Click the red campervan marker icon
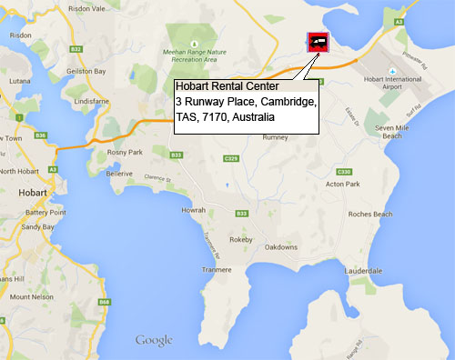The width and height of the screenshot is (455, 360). (x=318, y=40)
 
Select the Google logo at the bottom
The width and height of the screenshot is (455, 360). (x=154, y=340)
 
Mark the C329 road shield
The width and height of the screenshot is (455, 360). (x=230, y=159)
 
